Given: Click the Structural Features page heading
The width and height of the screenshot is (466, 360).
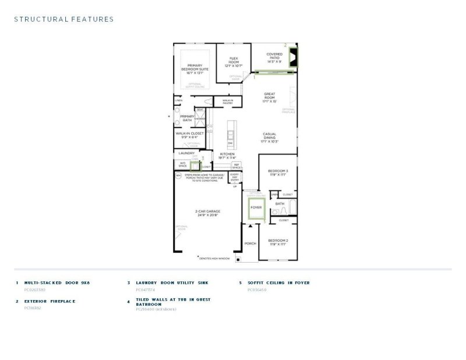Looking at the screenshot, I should (63, 19).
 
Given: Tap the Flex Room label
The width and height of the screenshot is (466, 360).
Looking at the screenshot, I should (234, 62).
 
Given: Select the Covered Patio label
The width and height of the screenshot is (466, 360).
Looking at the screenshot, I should (274, 58).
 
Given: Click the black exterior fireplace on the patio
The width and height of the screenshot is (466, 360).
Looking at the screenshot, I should (292, 57).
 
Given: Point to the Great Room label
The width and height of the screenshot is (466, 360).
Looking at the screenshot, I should (269, 97).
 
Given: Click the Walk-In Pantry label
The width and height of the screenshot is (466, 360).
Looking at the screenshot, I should (227, 101).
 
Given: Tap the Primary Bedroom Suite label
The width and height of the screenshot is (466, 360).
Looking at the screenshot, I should (195, 69).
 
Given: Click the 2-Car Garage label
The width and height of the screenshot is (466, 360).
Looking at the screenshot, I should (207, 213).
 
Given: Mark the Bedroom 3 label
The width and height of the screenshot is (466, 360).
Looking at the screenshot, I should (278, 172).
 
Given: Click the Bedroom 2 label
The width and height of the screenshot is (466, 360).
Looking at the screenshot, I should (278, 242).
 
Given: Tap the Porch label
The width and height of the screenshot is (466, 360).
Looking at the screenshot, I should (250, 244).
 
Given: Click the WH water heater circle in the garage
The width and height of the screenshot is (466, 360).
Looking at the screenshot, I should (178, 175).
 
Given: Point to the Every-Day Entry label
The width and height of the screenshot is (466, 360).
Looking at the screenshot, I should (235, 177).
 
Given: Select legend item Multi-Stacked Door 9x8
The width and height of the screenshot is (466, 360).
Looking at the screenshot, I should (57, 283).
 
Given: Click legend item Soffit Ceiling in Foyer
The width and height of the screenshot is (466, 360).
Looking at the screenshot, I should (278, 283).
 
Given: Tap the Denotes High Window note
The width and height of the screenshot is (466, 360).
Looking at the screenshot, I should (214, 257).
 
